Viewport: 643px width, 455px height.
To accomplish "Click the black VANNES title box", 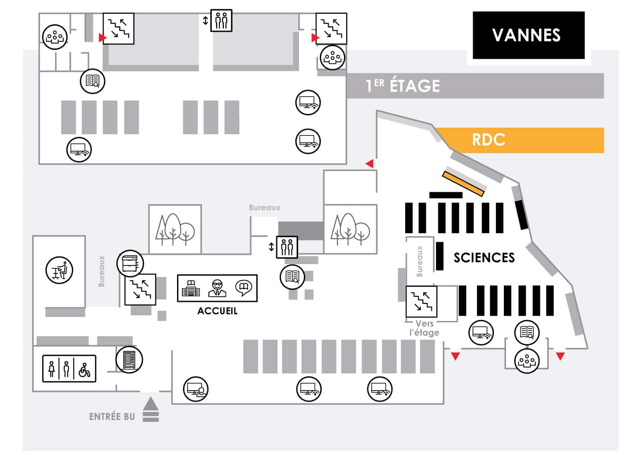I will coord(528,35).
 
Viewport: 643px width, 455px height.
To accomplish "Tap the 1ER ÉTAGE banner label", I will coord(403,86).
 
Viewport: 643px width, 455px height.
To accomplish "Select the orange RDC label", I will coord(488,140).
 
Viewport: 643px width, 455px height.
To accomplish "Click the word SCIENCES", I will coord(484,257).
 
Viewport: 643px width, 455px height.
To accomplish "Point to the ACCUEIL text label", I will coord(217,311).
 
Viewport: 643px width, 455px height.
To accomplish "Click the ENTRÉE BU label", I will coord(112,417).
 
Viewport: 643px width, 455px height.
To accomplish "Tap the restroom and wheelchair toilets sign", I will coord(69,369).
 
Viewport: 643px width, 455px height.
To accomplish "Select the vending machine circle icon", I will coord(129,360).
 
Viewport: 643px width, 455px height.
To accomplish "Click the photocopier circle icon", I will coord(130,264).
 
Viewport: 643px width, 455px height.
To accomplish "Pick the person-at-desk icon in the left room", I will coord(59,270).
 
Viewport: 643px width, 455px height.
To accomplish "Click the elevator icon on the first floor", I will coord(221,20).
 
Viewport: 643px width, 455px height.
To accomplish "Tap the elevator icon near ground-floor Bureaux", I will coord(287,247).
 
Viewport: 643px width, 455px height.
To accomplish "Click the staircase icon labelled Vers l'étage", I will coord(421,302).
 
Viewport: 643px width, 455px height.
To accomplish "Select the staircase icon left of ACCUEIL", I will coord(140,289).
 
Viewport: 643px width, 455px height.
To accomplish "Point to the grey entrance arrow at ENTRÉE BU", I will coord(151,409).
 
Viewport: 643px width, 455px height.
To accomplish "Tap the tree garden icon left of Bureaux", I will coord(175,229).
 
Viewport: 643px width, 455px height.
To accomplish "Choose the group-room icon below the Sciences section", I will coord(527,361).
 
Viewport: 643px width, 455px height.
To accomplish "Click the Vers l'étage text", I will coord(424,328).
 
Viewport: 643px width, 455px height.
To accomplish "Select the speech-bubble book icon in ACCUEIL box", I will coord(244,288).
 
